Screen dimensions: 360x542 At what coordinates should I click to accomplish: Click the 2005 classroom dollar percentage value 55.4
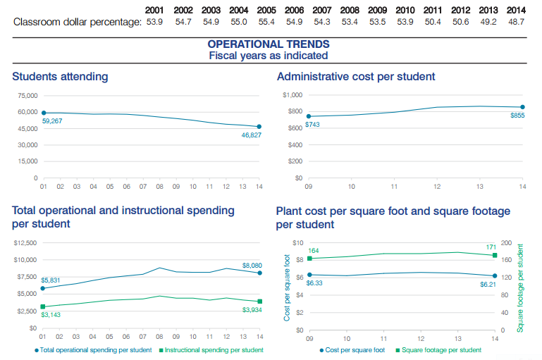click(266, 23)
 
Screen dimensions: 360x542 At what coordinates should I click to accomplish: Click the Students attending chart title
click(60, 76)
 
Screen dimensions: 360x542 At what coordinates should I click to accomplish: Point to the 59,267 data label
click(53, 121)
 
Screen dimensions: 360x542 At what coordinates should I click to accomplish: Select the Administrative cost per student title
click(356, 76)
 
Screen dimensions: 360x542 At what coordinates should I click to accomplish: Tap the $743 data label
click(314, 124)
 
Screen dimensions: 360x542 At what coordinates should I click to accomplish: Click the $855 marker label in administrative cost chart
click(517, 115)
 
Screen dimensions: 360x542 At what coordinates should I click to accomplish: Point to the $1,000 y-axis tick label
click(292, 94)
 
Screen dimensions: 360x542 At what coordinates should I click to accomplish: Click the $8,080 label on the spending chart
click(252, 265)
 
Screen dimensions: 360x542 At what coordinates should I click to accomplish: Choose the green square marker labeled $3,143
click(43, 306)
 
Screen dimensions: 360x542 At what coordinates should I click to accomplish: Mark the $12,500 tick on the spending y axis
click(25, 243)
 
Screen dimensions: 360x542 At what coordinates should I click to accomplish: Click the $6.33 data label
click(314, 283)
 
